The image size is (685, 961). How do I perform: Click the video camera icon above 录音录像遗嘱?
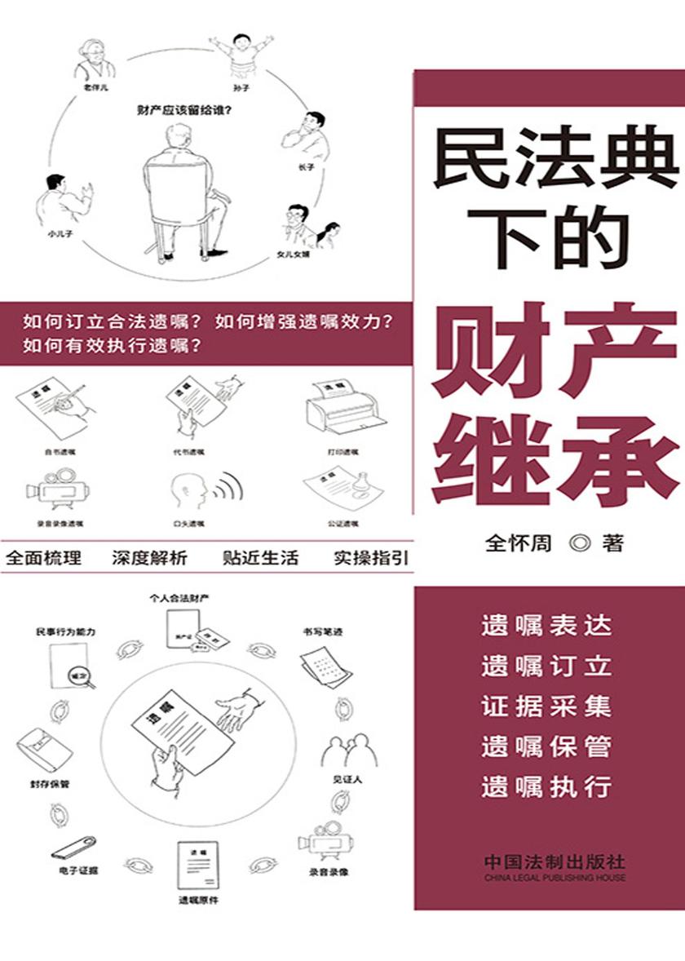click(59, 487)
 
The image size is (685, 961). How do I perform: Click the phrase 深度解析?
click(149, 559)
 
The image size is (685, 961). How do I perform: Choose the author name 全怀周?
click(519, 543)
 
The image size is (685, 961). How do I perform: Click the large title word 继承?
click(555, 456)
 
